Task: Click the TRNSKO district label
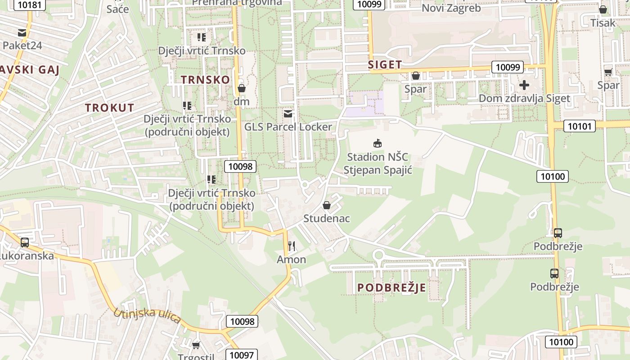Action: coord(205,80)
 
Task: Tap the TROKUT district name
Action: coord(110,108)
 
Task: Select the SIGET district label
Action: coord(385,64)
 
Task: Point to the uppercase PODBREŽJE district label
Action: coord(391,288)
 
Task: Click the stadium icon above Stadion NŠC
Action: coord(377,144)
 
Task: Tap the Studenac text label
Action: coord(326,218)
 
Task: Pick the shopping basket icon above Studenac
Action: coord(327,205)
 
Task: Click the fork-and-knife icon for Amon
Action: coord(292,246)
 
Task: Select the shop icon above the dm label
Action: coord(242,88)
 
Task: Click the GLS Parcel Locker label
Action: coord(288,127)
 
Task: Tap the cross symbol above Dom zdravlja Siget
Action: coord(524,85)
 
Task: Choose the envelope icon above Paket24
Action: coord(22,32)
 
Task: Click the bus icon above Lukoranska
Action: coord(25,242)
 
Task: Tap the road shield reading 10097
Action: coord(242,355)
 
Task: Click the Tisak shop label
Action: coord(603,22)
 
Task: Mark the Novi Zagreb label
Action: coord(451,8)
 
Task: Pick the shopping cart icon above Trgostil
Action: coord(196,345)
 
